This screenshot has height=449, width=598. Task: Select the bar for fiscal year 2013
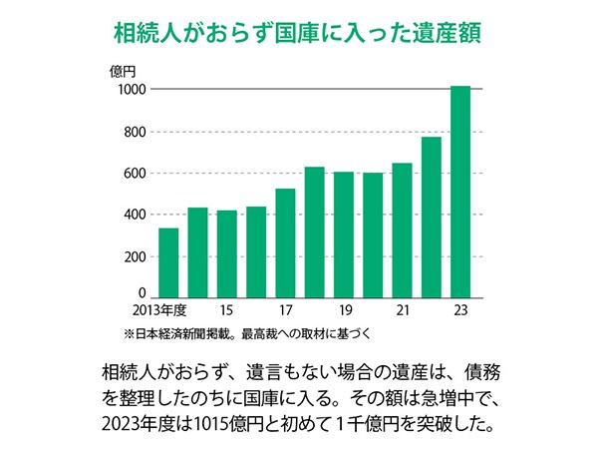pos(168,262)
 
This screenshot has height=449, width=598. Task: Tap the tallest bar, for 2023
pos(460,192)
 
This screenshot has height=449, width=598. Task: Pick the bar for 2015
pos(227,253)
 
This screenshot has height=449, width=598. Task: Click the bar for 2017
pos(285,242)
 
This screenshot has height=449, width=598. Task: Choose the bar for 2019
pos(344,234)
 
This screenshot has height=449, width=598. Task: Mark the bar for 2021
pos(402,229)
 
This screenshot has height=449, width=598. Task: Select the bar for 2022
pos(432,217)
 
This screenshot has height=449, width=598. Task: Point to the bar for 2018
pos(315,231)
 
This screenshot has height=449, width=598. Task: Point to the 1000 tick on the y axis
pos(133,90)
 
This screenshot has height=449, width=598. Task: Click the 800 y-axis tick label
pos(136,132)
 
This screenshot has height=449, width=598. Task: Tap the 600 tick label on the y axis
pos(136,174)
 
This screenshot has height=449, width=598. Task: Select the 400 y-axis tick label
pos(136,215)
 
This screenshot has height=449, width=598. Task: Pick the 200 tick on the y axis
pos(136,256)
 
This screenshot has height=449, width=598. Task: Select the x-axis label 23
pos(460,310)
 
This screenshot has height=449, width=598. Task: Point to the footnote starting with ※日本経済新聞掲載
pos(248,331)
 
